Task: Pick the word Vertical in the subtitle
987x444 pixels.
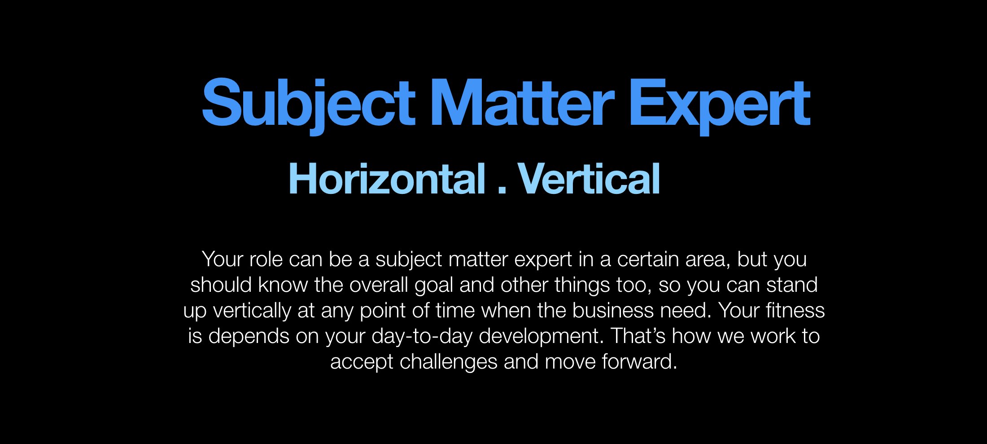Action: pos(589,179)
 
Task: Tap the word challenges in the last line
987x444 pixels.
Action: pos(448,362)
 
